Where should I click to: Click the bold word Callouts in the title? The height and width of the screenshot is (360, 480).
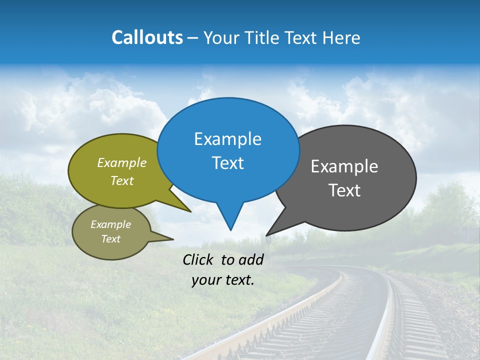(x=147, y=37)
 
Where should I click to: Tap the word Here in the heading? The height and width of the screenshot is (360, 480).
(x=341, y=37)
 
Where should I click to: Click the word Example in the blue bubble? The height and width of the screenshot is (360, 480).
(x=227, y=139)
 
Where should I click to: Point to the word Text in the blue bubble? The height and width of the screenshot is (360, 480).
(x=227, y=163)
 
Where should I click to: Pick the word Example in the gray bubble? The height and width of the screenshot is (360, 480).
(x=344, y=166)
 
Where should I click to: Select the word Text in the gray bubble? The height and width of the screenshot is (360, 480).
(x=344, y=190)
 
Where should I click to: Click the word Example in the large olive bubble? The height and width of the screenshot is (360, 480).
(x=122, y=163)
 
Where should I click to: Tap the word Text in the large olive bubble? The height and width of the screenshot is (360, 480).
(x=122, y=181)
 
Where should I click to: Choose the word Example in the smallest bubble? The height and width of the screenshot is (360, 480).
(x=110, y=224)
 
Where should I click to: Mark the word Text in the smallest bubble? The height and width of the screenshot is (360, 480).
(x=110, y=239)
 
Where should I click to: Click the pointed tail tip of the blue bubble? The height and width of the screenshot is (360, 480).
(x=230, y=230)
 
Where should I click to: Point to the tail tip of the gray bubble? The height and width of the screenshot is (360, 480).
(x=266, y=235)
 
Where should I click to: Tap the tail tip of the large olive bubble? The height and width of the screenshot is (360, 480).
(x=191, y=211)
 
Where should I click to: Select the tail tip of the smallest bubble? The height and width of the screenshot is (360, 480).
(x=173, y=239)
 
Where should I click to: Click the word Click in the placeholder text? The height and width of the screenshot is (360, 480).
(x=198, y=259)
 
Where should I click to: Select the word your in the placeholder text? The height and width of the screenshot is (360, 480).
(x=205, y=280)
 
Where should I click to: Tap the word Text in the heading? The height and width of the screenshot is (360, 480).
(x=301, y=37)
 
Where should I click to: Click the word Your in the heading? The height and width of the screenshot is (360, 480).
(x=221, y=37)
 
